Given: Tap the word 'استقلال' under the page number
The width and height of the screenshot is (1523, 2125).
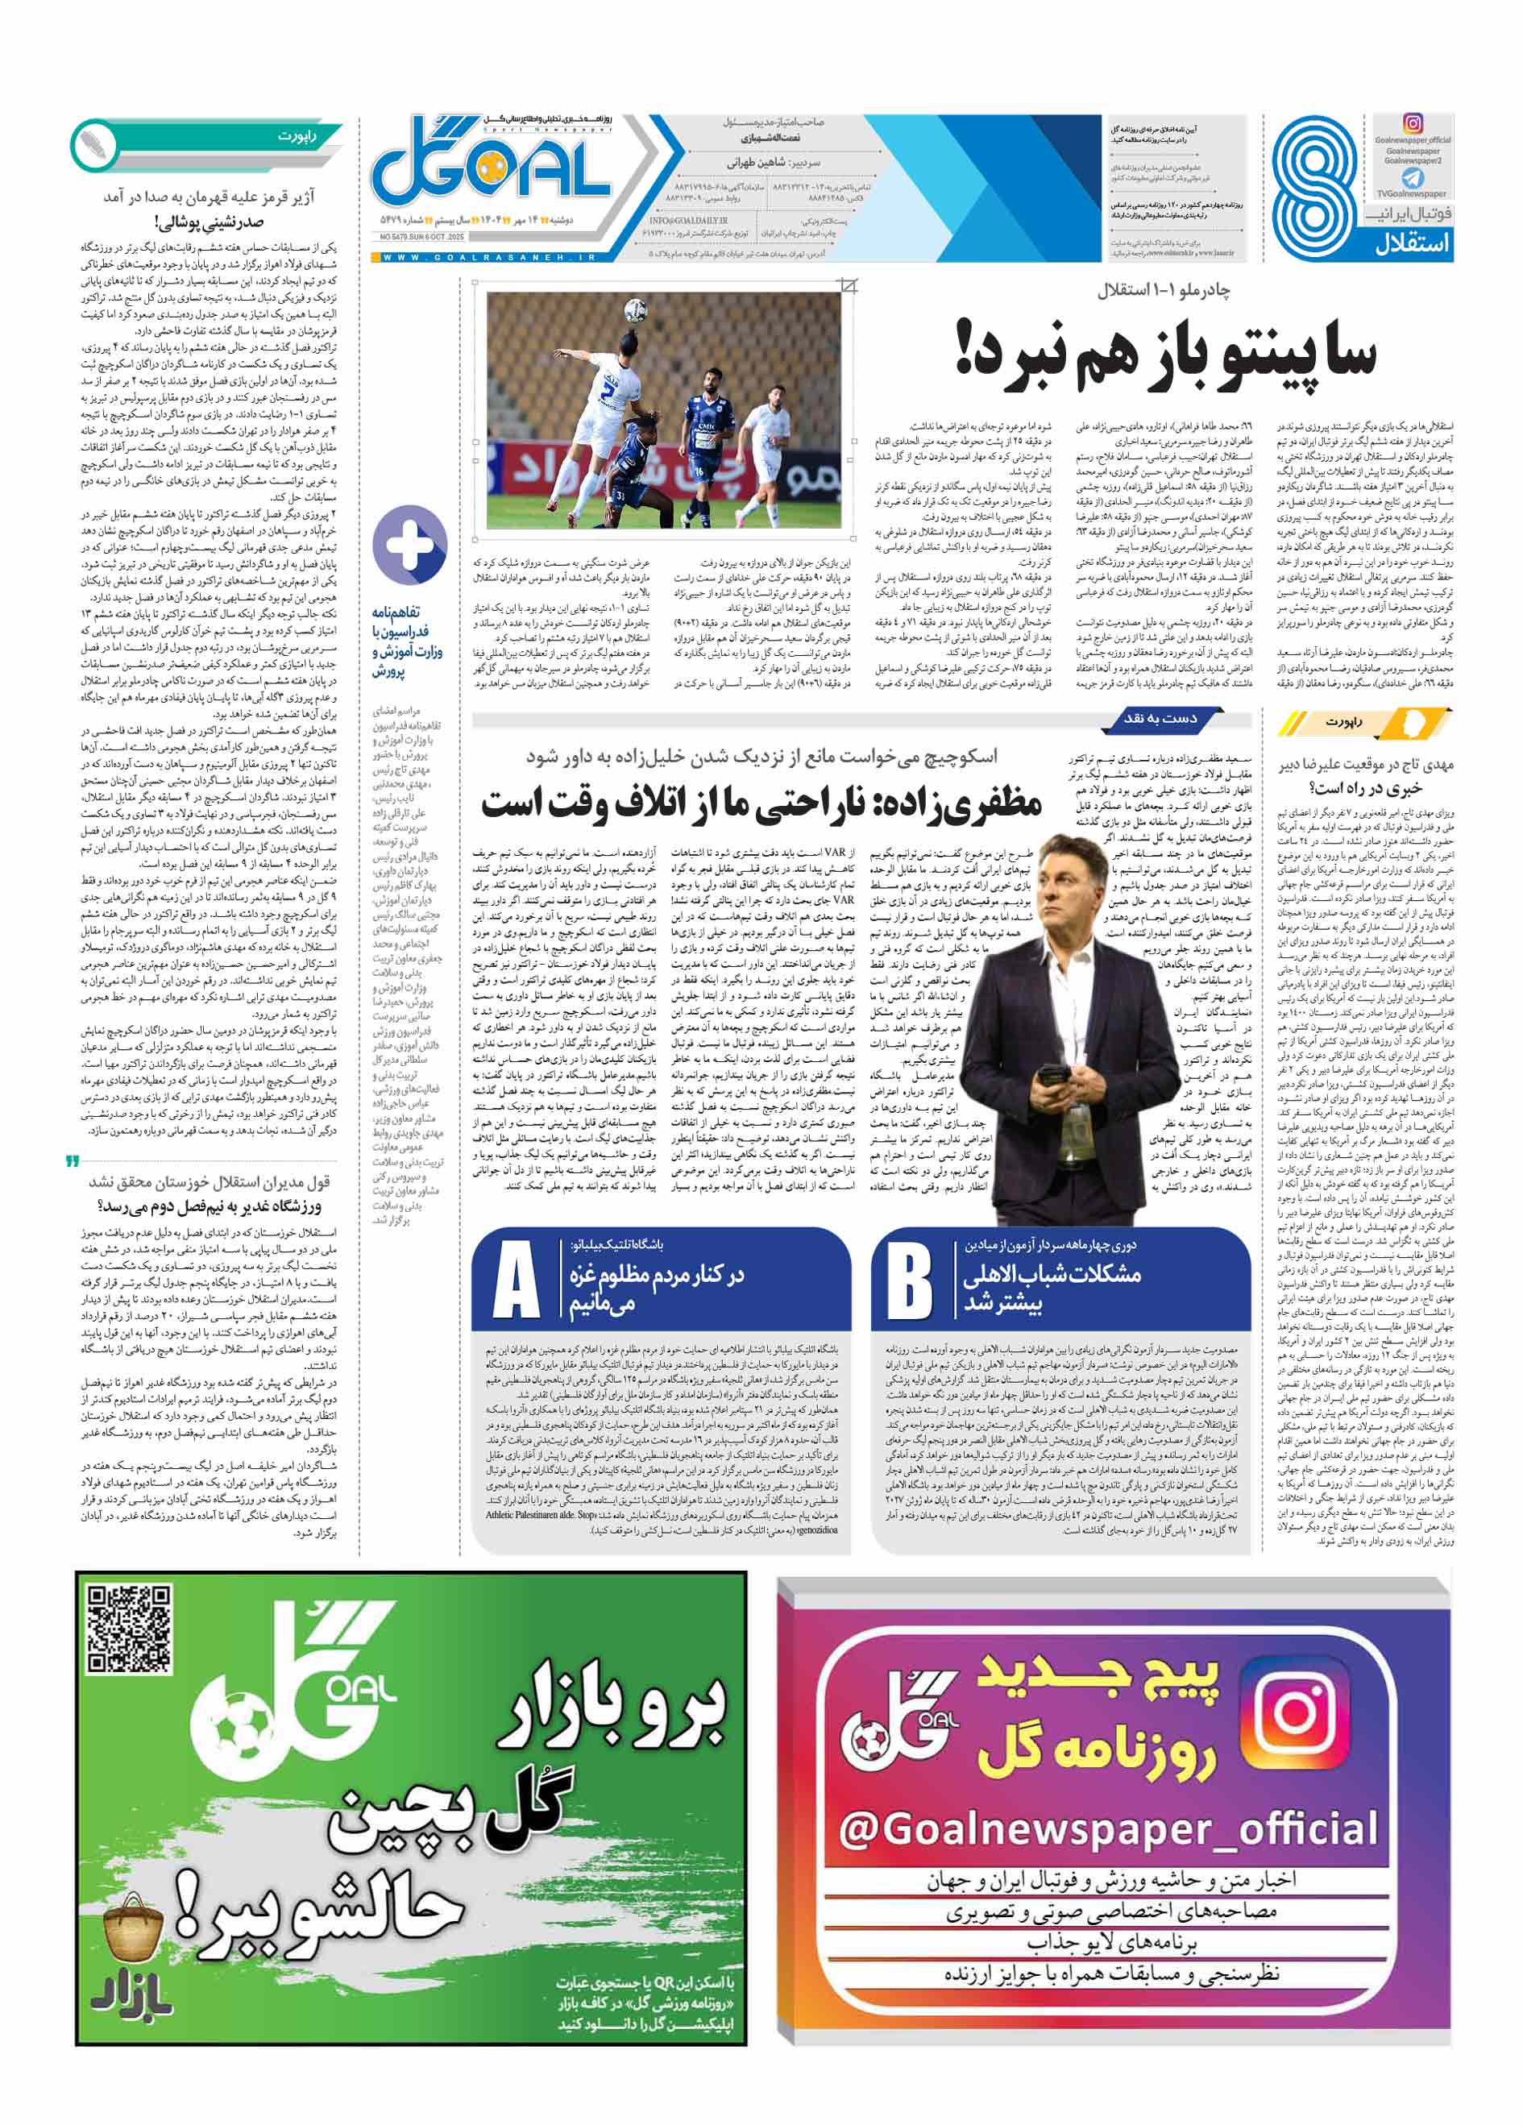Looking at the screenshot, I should point(1413,246).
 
